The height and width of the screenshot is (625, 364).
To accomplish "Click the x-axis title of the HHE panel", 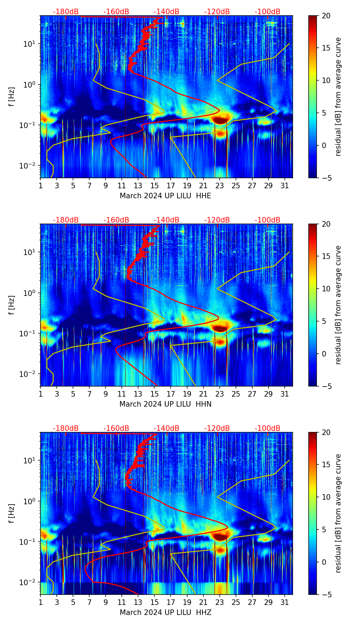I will click(x=165, y=196).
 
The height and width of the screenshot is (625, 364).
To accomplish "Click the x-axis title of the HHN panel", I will click(x=165, y=404).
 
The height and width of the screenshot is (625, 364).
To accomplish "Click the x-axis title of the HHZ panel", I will click(x=165, y=613).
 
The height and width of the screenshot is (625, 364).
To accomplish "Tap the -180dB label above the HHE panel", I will click(x=66, y=12).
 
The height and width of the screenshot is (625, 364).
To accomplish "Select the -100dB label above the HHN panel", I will click(x=267, y=220).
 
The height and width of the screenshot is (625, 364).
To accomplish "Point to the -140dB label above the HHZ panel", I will click(x=166, y=428).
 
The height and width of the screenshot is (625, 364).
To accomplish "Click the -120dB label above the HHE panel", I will click(x=217, y=12).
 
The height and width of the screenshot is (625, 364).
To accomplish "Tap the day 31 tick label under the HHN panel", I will click(x=284, y=394).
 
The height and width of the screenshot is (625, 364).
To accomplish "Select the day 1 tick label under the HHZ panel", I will click(x=40, y=602).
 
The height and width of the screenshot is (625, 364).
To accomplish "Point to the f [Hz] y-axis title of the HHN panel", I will click(x=12, y=305).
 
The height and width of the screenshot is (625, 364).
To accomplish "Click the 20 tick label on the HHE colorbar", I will click(x=326, y=16).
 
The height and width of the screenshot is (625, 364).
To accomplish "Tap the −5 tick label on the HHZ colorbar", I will click(x=326, y=594).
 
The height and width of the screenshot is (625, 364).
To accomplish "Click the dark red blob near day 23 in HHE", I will click(x=220, y=120).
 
